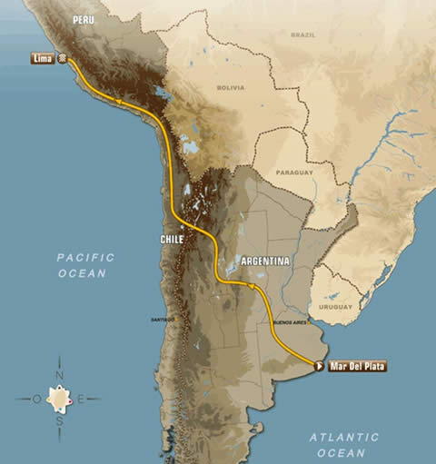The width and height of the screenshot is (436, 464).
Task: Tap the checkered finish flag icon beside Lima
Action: tap(63, 57)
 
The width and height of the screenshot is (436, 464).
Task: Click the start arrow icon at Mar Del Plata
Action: tap(319, 366)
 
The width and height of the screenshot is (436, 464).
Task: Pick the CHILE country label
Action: tap(172, 239)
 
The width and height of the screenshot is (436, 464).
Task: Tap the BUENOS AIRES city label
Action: tap(290, 322)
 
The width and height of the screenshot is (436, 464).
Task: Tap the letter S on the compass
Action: tap(60, 421)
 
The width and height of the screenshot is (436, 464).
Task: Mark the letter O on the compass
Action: tap(37, 399)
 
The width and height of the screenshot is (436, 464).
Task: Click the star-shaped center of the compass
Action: tap(60, 399)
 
